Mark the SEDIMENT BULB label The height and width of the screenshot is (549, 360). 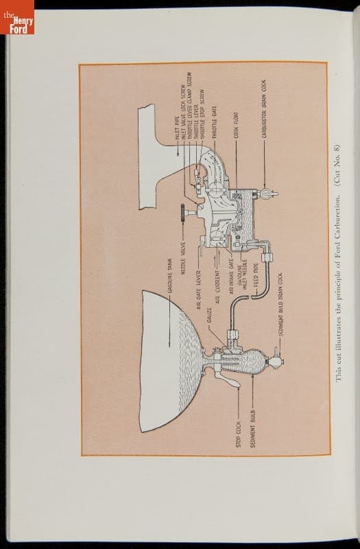click(x=253, y=430)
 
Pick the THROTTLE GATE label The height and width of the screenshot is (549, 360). click(x=214, y=124)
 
